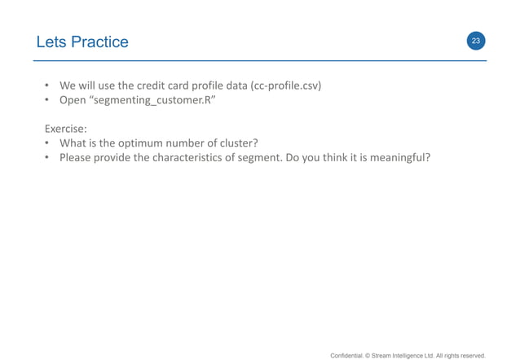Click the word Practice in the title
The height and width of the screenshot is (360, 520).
tap(99, 42)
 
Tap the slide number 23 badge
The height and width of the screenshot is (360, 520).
tap(476, 41)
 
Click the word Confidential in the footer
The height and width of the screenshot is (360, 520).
tap(349, 354)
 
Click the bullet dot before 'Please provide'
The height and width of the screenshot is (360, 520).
tap(48, 157)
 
